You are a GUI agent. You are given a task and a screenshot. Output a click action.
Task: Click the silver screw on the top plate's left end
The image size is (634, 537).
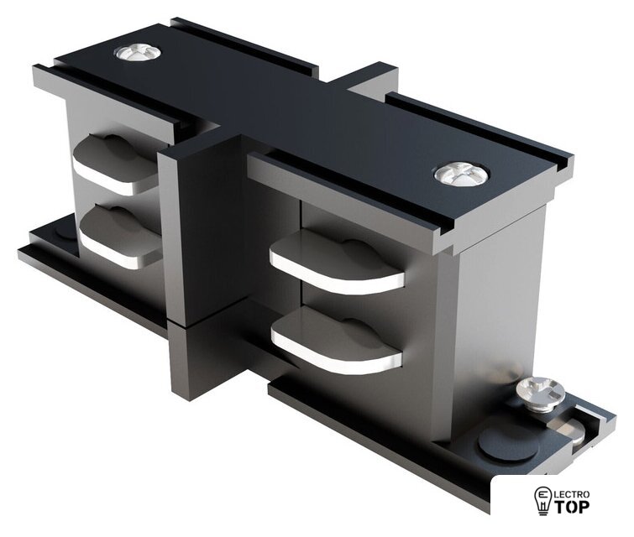(x=138, y=53)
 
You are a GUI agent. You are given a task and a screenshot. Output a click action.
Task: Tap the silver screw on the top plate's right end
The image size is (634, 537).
(x=461, y=175)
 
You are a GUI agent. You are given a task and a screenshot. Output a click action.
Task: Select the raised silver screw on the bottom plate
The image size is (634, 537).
(x=539, y=394)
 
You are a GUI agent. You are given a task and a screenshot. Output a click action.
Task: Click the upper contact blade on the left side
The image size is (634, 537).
(x=115, y=164)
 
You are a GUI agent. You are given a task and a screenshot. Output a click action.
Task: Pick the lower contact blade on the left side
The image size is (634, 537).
(x=120, y=237)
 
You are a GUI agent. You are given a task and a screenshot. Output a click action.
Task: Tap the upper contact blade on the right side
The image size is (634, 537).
(x=337, y=263)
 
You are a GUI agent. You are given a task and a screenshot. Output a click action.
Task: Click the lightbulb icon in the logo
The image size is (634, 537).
(x=542, y=501)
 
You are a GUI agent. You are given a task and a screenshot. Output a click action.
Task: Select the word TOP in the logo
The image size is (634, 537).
(x=571, y=506)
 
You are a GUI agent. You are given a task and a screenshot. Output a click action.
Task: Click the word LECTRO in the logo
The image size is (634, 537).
(x=571, y=494)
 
